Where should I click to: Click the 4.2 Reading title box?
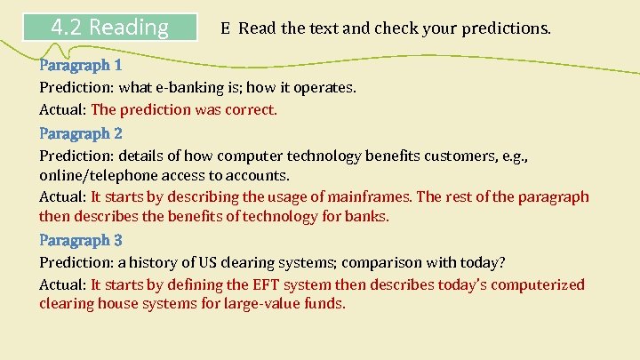click(110, 28)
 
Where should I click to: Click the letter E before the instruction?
click(227, 28)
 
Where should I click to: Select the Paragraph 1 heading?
click(81, 65)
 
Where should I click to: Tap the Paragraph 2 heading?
click(81, 133)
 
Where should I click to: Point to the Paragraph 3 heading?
click(81, 240)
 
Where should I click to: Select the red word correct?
click(252, 110)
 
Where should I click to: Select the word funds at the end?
click(324, 304)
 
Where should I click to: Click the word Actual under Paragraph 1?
click(61, 110)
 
